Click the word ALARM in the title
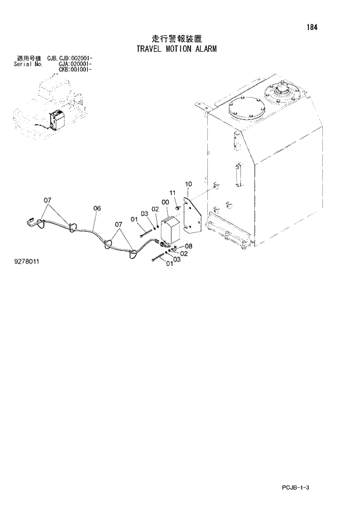204,49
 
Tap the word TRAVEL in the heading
149,49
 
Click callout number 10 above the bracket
188,184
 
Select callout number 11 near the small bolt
172,193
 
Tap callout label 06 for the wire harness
97,208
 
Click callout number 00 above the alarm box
165,202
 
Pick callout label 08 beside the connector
189,246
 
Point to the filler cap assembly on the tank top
282,93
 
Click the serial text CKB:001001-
75,69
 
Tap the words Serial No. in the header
27,64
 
